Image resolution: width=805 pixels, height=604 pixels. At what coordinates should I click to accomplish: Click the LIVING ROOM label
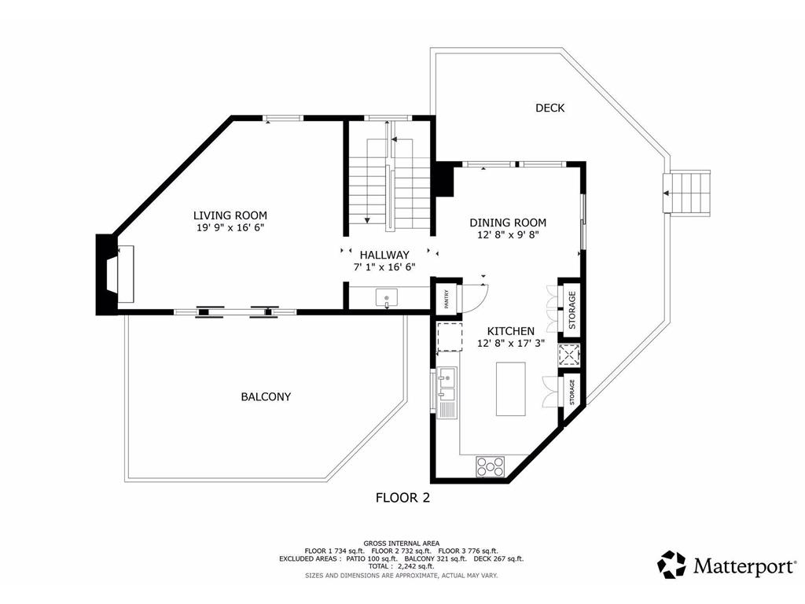pos(230,215)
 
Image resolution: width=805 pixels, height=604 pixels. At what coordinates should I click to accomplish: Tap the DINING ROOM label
pos(508,223)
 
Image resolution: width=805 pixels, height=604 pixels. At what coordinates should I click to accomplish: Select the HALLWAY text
pos(384,255)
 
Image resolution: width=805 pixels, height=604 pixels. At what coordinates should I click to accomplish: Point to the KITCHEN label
pos(510,331)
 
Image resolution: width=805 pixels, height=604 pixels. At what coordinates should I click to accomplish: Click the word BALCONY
pos(266,396)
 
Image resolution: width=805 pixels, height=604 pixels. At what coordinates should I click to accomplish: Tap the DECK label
pos(550,108)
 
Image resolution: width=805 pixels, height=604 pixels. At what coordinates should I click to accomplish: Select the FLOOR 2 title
pos(403,498)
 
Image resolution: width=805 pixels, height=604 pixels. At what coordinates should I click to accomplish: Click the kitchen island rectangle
pos(510,389)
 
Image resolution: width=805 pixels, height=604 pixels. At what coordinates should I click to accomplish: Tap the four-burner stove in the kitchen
pos(491,467)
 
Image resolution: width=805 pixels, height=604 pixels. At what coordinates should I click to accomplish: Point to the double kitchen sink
pos(447,384)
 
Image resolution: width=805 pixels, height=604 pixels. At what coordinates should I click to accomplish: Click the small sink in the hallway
pos(387,298)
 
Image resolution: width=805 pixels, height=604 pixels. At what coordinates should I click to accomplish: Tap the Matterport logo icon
pos(671,565)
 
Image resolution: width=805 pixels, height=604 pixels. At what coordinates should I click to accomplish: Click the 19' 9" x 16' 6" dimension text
pos(230,228)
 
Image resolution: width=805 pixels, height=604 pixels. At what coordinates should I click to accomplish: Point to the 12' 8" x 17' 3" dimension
pos(510,344)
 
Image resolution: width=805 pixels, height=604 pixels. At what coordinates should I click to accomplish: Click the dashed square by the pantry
pos(449,337)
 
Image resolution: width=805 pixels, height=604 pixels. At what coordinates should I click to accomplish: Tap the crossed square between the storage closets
pos(569,355)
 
